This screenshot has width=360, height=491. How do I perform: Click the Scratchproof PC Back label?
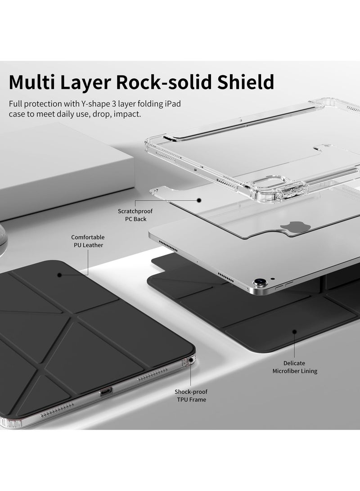tap(132, 215)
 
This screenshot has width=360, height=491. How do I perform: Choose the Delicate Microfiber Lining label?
tap(295, 367)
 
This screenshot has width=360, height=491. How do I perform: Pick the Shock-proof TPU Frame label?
tap(191, 396)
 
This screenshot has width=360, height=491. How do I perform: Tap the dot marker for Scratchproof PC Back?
tap(198, 200)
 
